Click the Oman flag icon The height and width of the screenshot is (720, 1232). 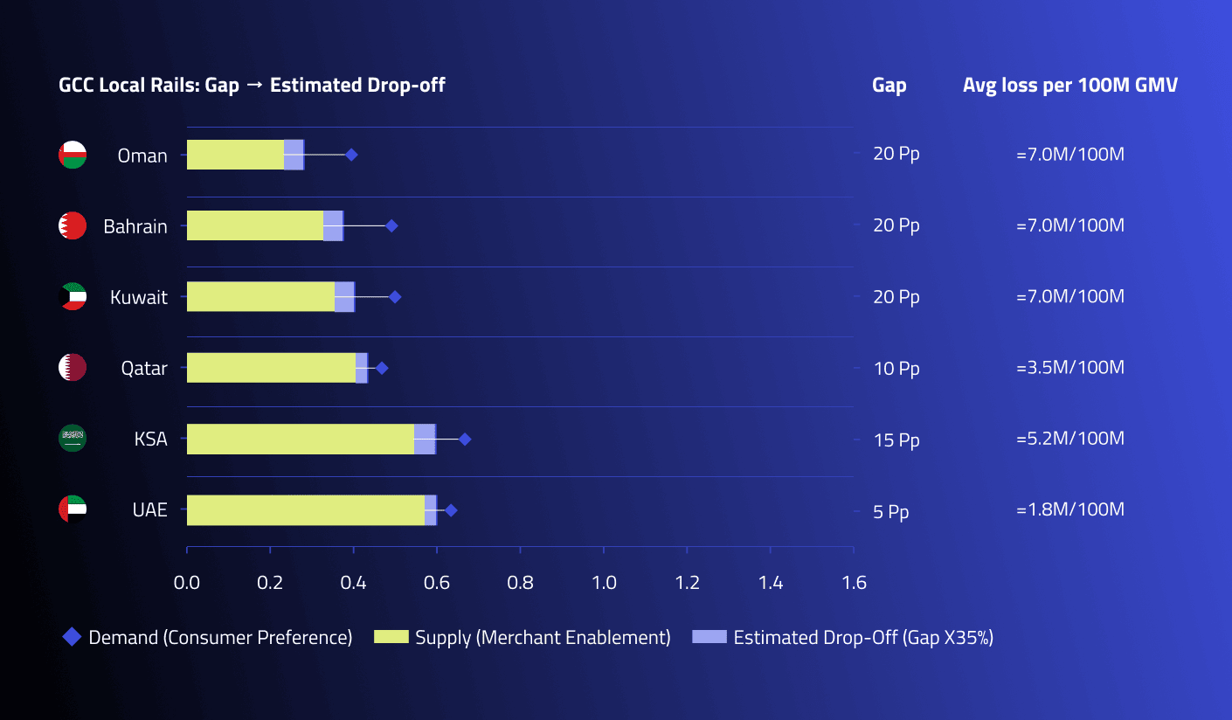click(73, 155)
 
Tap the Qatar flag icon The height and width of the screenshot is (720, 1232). click(73, 367)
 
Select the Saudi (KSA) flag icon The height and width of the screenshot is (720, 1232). click(73, 439)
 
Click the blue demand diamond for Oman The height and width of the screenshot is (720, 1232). click(351, 156)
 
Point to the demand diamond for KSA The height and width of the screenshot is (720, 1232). click(465, 439)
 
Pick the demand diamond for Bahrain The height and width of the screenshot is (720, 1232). click(391, 225)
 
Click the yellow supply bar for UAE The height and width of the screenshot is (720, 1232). click(306, 510)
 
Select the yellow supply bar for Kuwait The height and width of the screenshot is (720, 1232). click(260, 296)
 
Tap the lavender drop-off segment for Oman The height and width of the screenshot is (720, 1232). click(294, 155)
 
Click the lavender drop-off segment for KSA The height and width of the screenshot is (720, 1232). click(426, 439)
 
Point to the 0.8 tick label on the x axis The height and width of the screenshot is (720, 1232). click(520, 583)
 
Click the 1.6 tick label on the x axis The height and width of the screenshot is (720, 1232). click(855, 583)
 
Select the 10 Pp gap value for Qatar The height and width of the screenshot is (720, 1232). click(896, 369)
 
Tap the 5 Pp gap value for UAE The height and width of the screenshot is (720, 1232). click(891, 512)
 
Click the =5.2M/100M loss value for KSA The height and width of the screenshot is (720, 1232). click(1070, 439)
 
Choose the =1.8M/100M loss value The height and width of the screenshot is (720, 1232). click(1070, 509)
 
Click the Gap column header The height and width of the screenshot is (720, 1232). click(889, 86)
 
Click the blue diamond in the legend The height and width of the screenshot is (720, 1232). click(72, 637)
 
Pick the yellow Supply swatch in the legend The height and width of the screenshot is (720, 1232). click(391, 637)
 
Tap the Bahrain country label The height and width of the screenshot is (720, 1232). click(135, 226)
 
